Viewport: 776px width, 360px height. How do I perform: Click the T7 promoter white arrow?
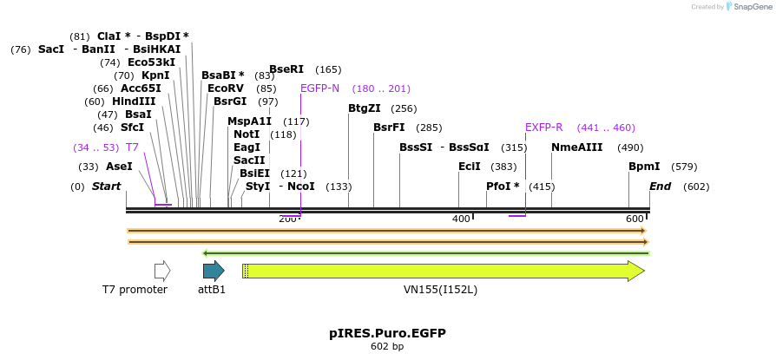pos(162,271)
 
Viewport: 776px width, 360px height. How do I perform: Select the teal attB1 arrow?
pos(214,271)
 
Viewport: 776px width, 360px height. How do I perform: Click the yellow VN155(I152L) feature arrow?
pos(443,271)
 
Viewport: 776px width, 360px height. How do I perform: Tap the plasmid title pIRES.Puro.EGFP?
pos(387,333)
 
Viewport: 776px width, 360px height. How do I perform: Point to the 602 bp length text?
pos(387,347)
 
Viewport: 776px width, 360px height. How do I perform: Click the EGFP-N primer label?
pos(319,88)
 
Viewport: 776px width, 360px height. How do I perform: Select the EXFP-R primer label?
pos(543,128)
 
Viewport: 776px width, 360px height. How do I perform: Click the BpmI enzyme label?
pos(644,167)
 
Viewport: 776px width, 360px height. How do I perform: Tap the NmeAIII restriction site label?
pos(576,147)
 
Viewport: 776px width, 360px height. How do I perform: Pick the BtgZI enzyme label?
pos(364,108)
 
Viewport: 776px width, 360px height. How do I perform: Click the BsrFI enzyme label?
pos(389,128)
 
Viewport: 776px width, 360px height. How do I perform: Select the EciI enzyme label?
pos(469,167)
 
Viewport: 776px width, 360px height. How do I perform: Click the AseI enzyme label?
pos(119,167)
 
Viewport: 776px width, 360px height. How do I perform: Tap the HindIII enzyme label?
pos(134,101)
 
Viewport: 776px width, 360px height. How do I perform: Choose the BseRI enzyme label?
pos(286,69)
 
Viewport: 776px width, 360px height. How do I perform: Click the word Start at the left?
pos(106,187)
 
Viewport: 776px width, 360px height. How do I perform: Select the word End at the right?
pos(660,187)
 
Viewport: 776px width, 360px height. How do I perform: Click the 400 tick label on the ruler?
pos(461,219)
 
